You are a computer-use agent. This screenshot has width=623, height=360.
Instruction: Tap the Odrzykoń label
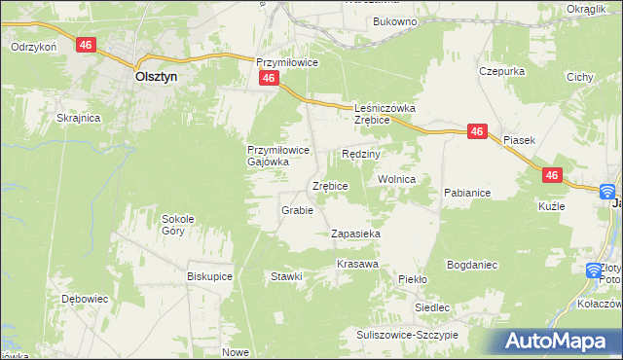(x=34, y=46)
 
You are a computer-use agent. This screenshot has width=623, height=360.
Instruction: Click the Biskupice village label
(x=209, y=276)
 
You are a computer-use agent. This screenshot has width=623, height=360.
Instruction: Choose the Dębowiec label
(x=84, y=299)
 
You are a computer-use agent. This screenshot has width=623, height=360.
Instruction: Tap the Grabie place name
(x=296, y=210)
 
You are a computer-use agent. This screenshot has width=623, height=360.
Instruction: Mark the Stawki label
(x=286, y=276)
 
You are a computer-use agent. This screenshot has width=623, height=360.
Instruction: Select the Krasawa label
(x=356, y=265)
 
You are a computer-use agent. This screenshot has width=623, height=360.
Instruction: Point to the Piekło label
(x=413, y=279)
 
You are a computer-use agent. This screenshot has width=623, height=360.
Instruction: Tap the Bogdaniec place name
(x=472, y=265)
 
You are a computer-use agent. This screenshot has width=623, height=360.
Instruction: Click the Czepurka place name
(x=502, y=71)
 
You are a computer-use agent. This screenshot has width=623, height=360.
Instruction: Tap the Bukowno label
(x=394, y=20)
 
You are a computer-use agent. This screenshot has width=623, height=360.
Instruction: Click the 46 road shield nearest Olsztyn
(x=88, y=45)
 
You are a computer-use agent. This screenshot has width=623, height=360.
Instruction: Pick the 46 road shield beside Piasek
(x=476, y=131)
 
